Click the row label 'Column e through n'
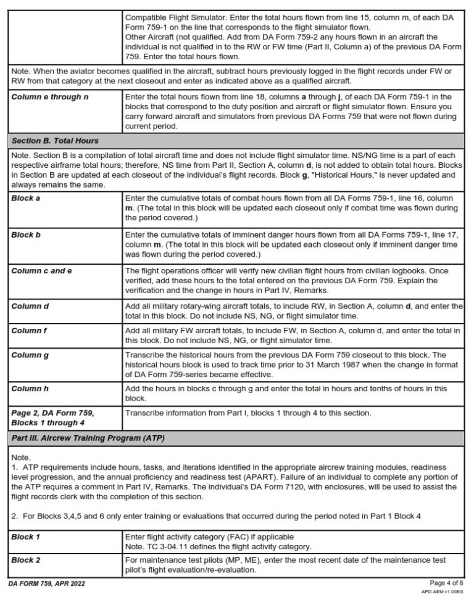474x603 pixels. pos(46,97)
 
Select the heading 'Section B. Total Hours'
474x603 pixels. pos(54,141)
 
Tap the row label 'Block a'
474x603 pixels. pos(25,199)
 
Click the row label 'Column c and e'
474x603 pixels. pos(41,270)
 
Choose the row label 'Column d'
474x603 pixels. pos(30,306)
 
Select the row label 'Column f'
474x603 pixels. pos(29,331)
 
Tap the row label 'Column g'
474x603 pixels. pos(30,356)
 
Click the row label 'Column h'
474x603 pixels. pos(30,389)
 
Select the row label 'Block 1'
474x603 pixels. pos(25,537)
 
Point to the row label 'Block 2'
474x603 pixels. pos(25,560)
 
